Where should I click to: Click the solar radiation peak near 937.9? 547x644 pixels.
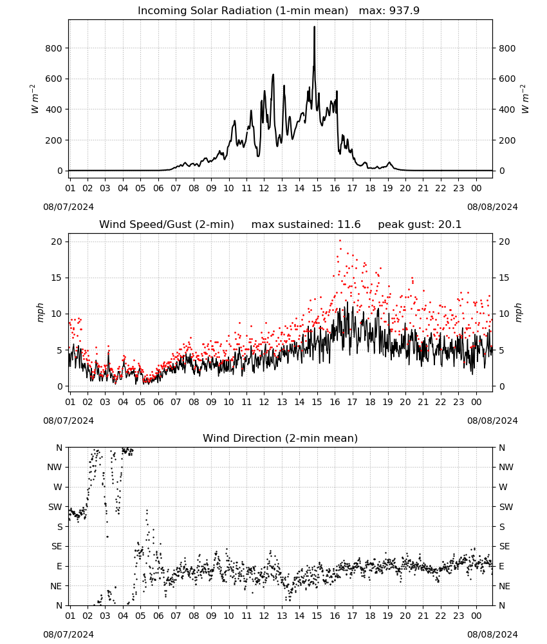click(314, 27)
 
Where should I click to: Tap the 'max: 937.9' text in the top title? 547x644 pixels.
click(389, 10)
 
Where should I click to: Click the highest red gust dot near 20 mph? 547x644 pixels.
click(340, 241)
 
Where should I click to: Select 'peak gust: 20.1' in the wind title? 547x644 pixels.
click(420, 225)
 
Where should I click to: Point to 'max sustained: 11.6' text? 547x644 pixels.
click(306, 225)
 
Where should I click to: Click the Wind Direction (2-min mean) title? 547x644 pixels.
click(281, 438)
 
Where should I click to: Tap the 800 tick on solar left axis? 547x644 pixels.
click(54, 48)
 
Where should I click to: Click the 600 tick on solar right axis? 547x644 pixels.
click(507, 79)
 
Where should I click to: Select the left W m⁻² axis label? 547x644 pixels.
click(35, 99)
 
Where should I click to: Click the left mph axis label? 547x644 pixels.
click(40, 313)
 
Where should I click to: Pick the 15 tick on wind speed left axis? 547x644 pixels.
click(57, 278)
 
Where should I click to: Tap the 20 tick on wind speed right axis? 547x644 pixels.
click(505, 241)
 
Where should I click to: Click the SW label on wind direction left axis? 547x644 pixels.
click(55, 507)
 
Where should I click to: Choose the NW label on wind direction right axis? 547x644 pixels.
click(506, 467)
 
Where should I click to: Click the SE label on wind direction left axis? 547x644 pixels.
click(57, 546)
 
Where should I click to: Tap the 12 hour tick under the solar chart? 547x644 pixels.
click(264, 188)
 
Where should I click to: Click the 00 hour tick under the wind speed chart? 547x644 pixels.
click(476, 402)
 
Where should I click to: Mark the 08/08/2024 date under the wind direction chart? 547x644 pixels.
click(492, 634)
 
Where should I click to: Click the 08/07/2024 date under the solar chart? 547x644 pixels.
click(68, 207)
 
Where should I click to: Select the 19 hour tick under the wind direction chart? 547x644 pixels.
click(387, 616)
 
